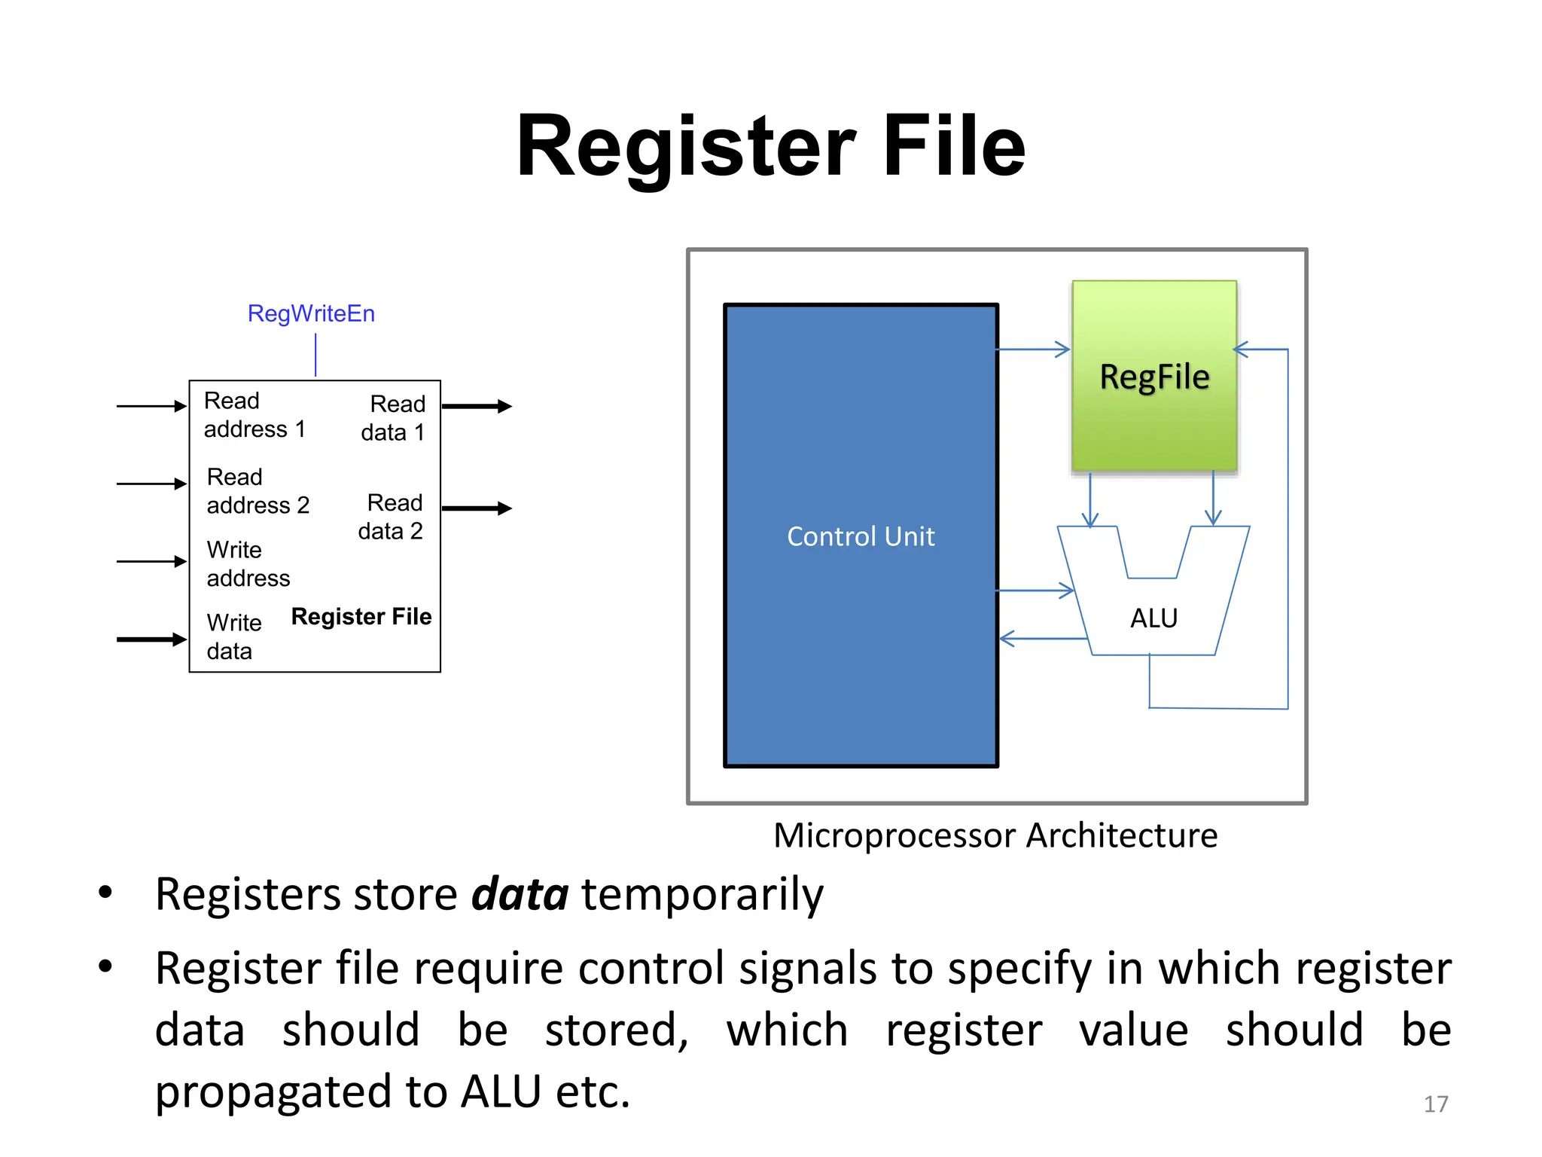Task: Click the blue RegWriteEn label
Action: point(311,313)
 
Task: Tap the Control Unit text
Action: point(861,536)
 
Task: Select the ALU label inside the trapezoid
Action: point(1153,618)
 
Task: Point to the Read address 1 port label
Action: point(254,415)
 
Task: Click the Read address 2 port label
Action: point(258,491)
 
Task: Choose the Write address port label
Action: point(248,563)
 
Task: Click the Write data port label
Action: point(233,637)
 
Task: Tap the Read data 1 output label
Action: point(393,418)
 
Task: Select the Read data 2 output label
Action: point(391,517)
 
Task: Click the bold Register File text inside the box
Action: point(361,617)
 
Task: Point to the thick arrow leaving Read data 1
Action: point(477,407)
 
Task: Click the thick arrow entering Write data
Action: point(151,640)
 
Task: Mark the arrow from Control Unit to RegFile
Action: point(1033,350)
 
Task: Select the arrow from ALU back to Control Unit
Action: point(1043,639)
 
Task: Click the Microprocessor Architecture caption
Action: point(995,835)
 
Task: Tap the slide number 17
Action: point(1435,1104)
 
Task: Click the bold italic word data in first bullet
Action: point(520,894)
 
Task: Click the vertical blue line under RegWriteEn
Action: point(315,356)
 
